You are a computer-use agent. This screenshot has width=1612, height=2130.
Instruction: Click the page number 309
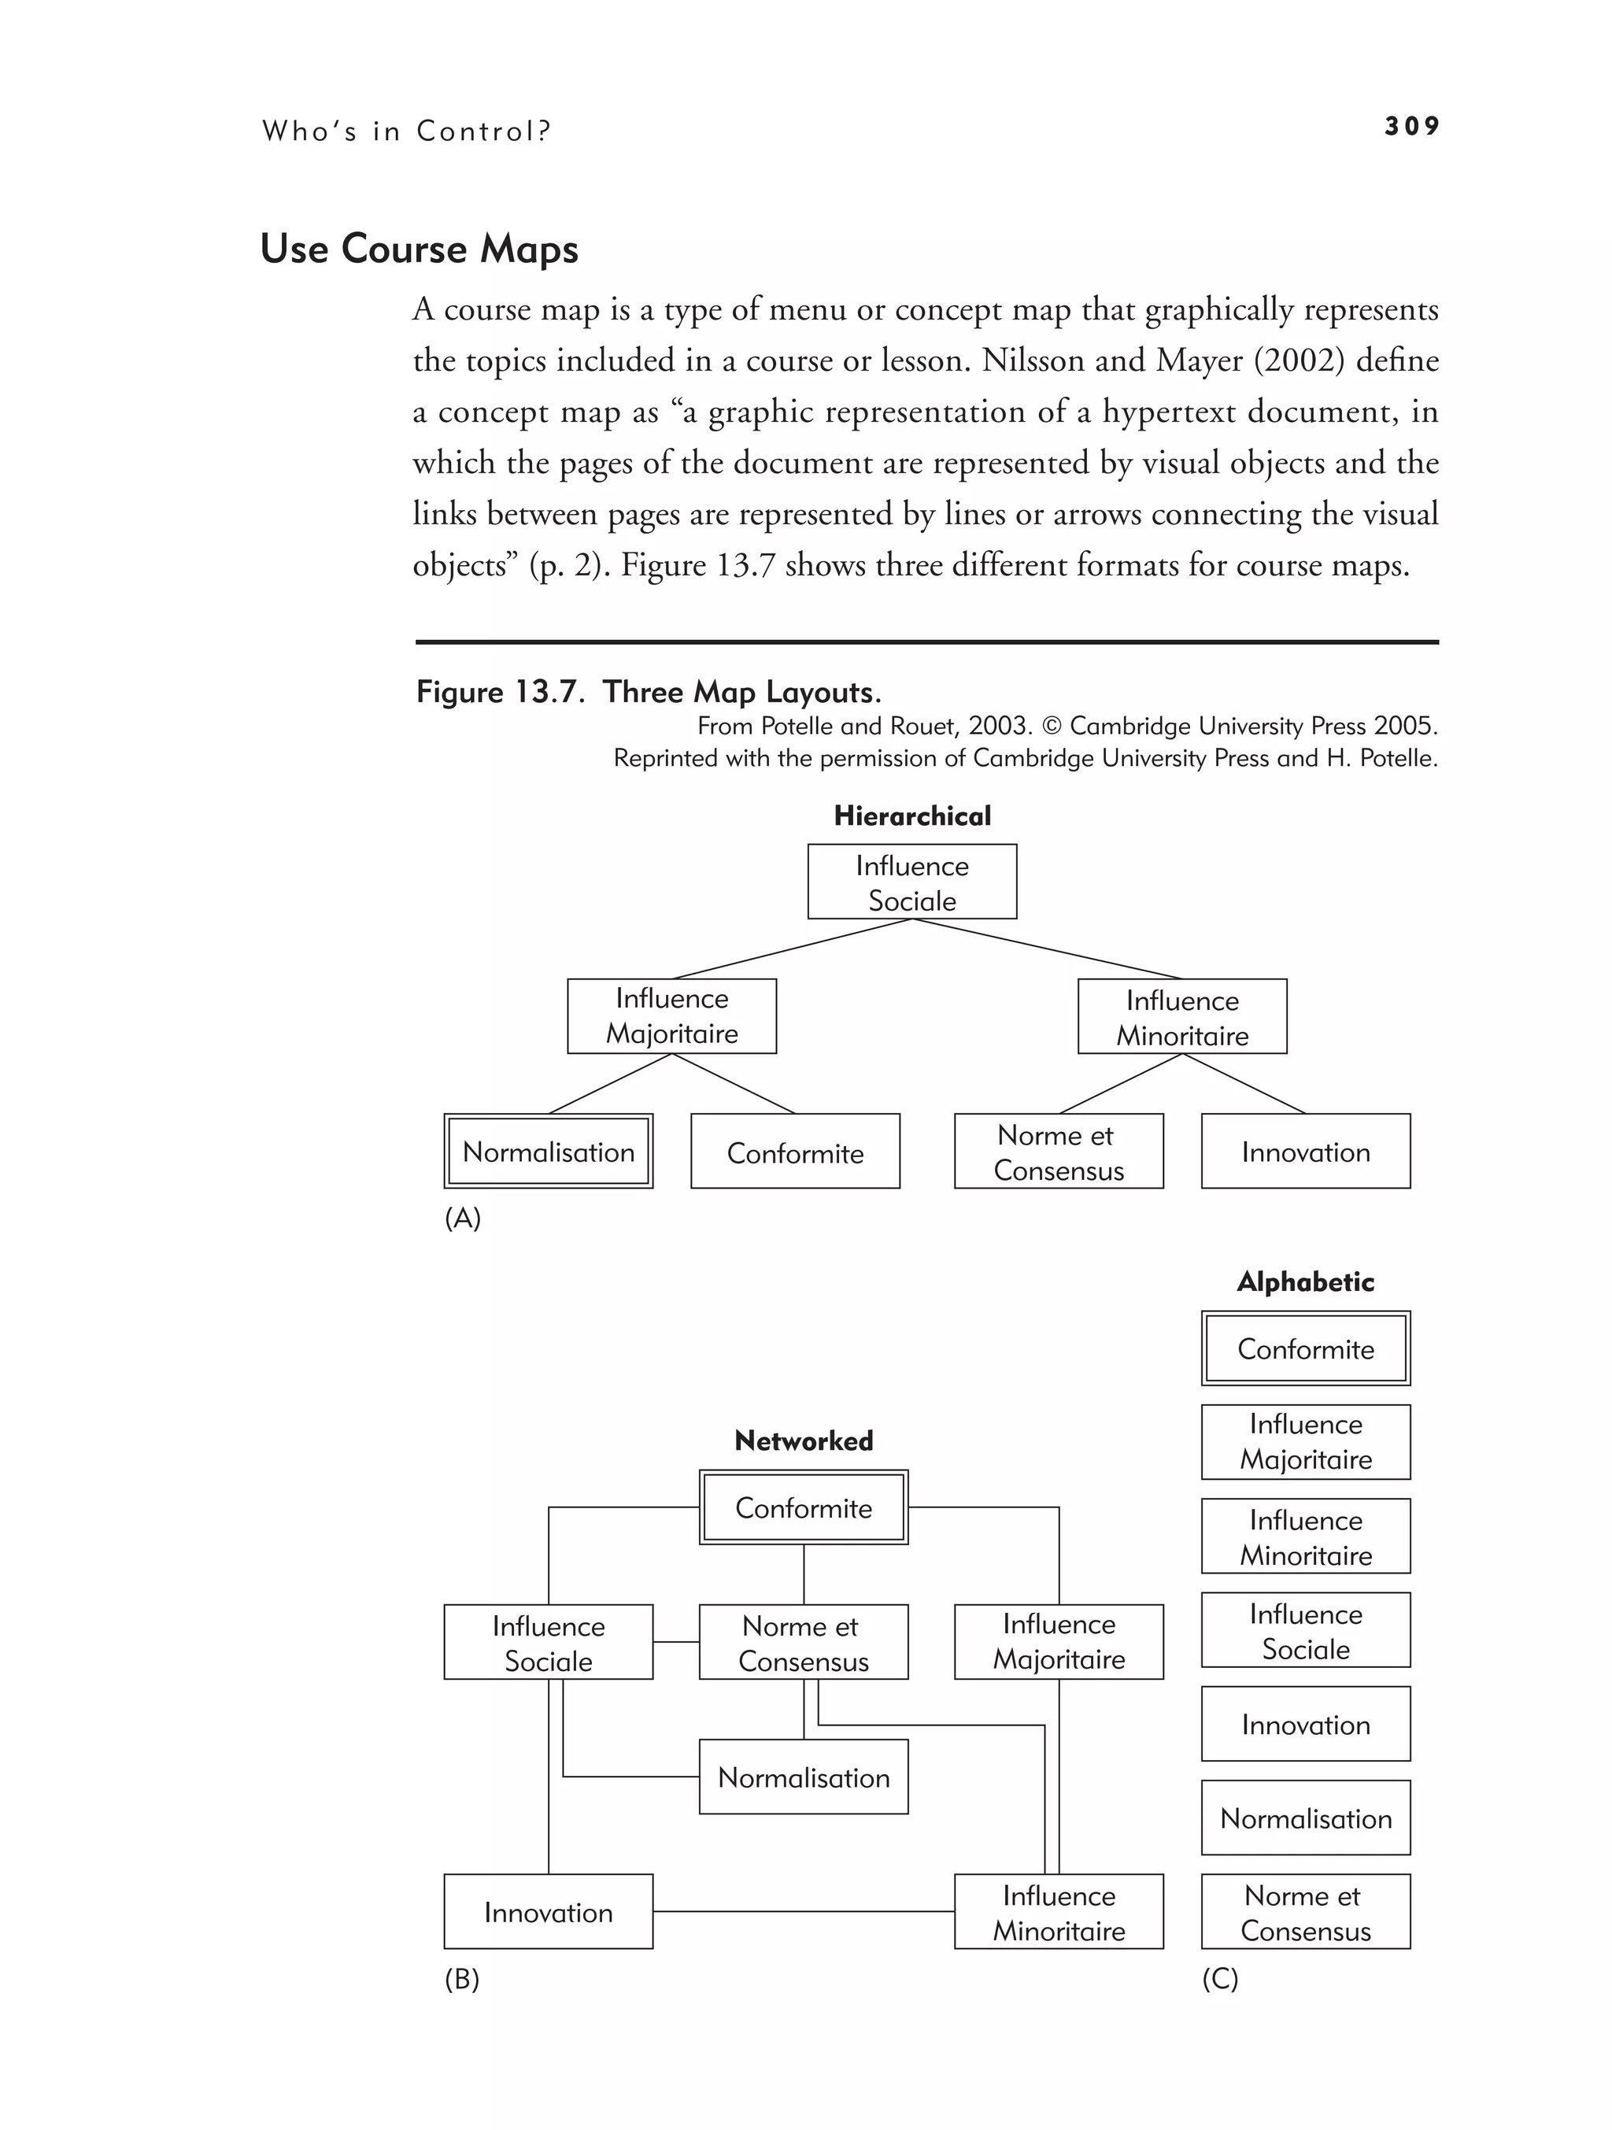click(x=1410, y=126)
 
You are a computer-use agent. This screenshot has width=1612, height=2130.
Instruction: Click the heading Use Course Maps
click(x=419, y=249)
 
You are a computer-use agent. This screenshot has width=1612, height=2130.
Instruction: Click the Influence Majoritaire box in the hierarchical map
click(x=671, y=1016)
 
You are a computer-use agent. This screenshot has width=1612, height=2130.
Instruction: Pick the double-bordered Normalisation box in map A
click(x=548, y=1152)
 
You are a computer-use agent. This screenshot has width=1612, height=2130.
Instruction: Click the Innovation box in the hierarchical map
click(x=1305, y=1152)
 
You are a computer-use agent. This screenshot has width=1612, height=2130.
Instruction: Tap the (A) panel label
click(x=462, y=1218)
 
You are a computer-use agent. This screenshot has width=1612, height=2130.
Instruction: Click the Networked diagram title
click(x=803, y=1440)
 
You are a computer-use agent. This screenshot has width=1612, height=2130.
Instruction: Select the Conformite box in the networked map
click(x=803, y=1508)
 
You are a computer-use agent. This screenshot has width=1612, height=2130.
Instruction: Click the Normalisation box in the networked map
click(x=803, y=1777)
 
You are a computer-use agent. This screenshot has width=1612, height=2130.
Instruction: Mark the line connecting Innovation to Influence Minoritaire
click(x=803, y=1911)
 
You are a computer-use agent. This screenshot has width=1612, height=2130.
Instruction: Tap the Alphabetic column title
click(x=1305, y=1281)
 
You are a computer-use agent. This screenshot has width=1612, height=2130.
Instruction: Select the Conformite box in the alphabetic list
click(x=1305, y=1349)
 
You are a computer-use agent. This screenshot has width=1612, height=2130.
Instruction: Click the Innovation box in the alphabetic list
click(x=1305, y=1725)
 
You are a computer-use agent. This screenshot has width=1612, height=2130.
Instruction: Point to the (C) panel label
click(x=1219, y=1979)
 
